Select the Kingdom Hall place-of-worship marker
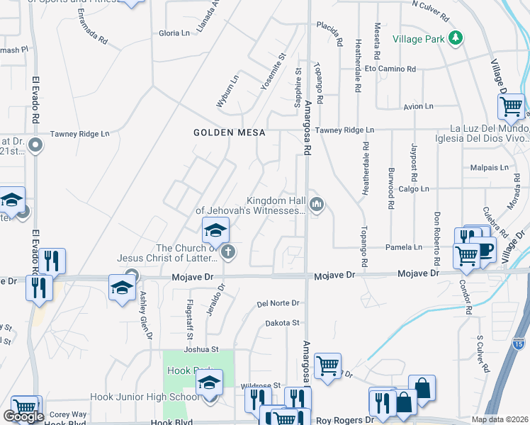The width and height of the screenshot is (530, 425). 317,205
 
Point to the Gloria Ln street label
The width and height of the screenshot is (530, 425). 174,33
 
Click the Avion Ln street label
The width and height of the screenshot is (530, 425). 418,106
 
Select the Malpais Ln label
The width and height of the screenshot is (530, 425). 490,168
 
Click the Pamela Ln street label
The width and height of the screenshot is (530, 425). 404,247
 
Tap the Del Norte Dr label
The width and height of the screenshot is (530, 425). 278,303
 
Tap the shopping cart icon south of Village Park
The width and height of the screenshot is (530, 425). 512,107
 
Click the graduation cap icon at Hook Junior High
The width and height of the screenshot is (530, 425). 209,383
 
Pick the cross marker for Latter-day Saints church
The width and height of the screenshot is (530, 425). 228,251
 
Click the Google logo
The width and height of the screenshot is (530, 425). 23,416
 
